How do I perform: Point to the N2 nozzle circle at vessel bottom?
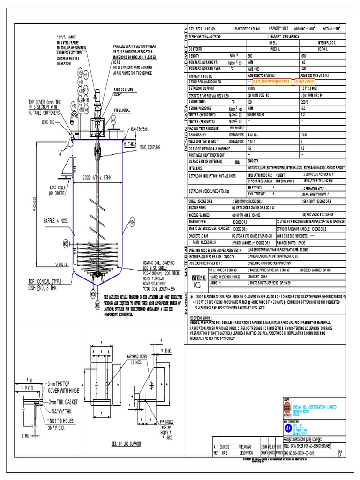click(97, 306)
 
